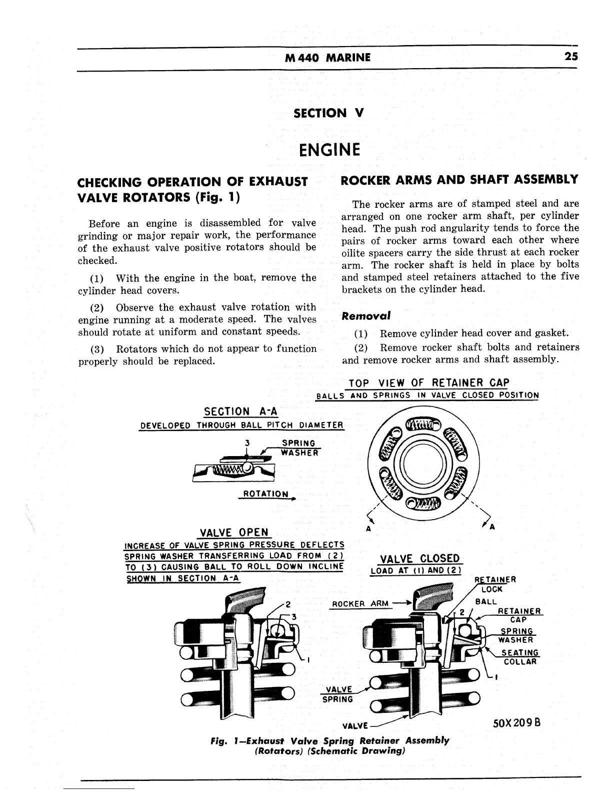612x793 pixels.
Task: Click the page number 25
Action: pos(571,57)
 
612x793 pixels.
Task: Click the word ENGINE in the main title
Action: pos(329,150)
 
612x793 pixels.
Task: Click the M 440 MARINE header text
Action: pos(327,58)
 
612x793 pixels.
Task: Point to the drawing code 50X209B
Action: pos(517,723)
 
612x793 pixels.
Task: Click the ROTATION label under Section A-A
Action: pos(265,494)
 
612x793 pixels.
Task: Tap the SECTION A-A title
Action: pos(241,412)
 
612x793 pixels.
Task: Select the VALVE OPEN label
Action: pos(234,532)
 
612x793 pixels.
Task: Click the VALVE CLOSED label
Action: pos(420,559)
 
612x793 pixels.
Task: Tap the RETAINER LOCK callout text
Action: pos(495,585)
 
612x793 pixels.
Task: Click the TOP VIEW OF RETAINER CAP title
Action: pos(428,383)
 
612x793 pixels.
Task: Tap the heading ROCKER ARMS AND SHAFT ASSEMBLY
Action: pos(459,180)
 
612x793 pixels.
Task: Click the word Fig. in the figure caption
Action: pos(220,740)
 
